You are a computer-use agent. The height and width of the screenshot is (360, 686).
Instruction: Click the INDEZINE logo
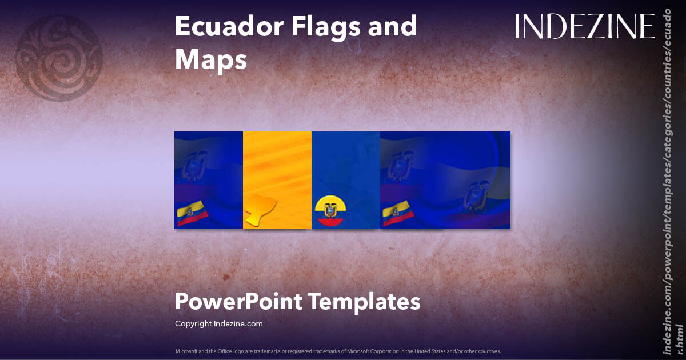[584, 26]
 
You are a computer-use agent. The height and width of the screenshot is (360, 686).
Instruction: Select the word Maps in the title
[210, 60]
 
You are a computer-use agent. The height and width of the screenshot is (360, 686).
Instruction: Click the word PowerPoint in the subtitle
[237, 301]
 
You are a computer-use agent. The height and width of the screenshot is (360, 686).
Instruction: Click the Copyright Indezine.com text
[218, 323]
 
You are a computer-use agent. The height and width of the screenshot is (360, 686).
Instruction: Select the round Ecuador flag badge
[329, 211]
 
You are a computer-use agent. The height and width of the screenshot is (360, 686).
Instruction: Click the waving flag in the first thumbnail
[192, 213]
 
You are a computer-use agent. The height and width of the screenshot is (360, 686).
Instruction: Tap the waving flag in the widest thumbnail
[398, 213]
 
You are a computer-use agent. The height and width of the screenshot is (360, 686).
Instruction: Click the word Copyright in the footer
[193, 323]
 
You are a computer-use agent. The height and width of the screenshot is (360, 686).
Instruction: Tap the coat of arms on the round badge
[329, 211]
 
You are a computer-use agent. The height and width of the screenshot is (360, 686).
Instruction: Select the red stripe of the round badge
[329, 223]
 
